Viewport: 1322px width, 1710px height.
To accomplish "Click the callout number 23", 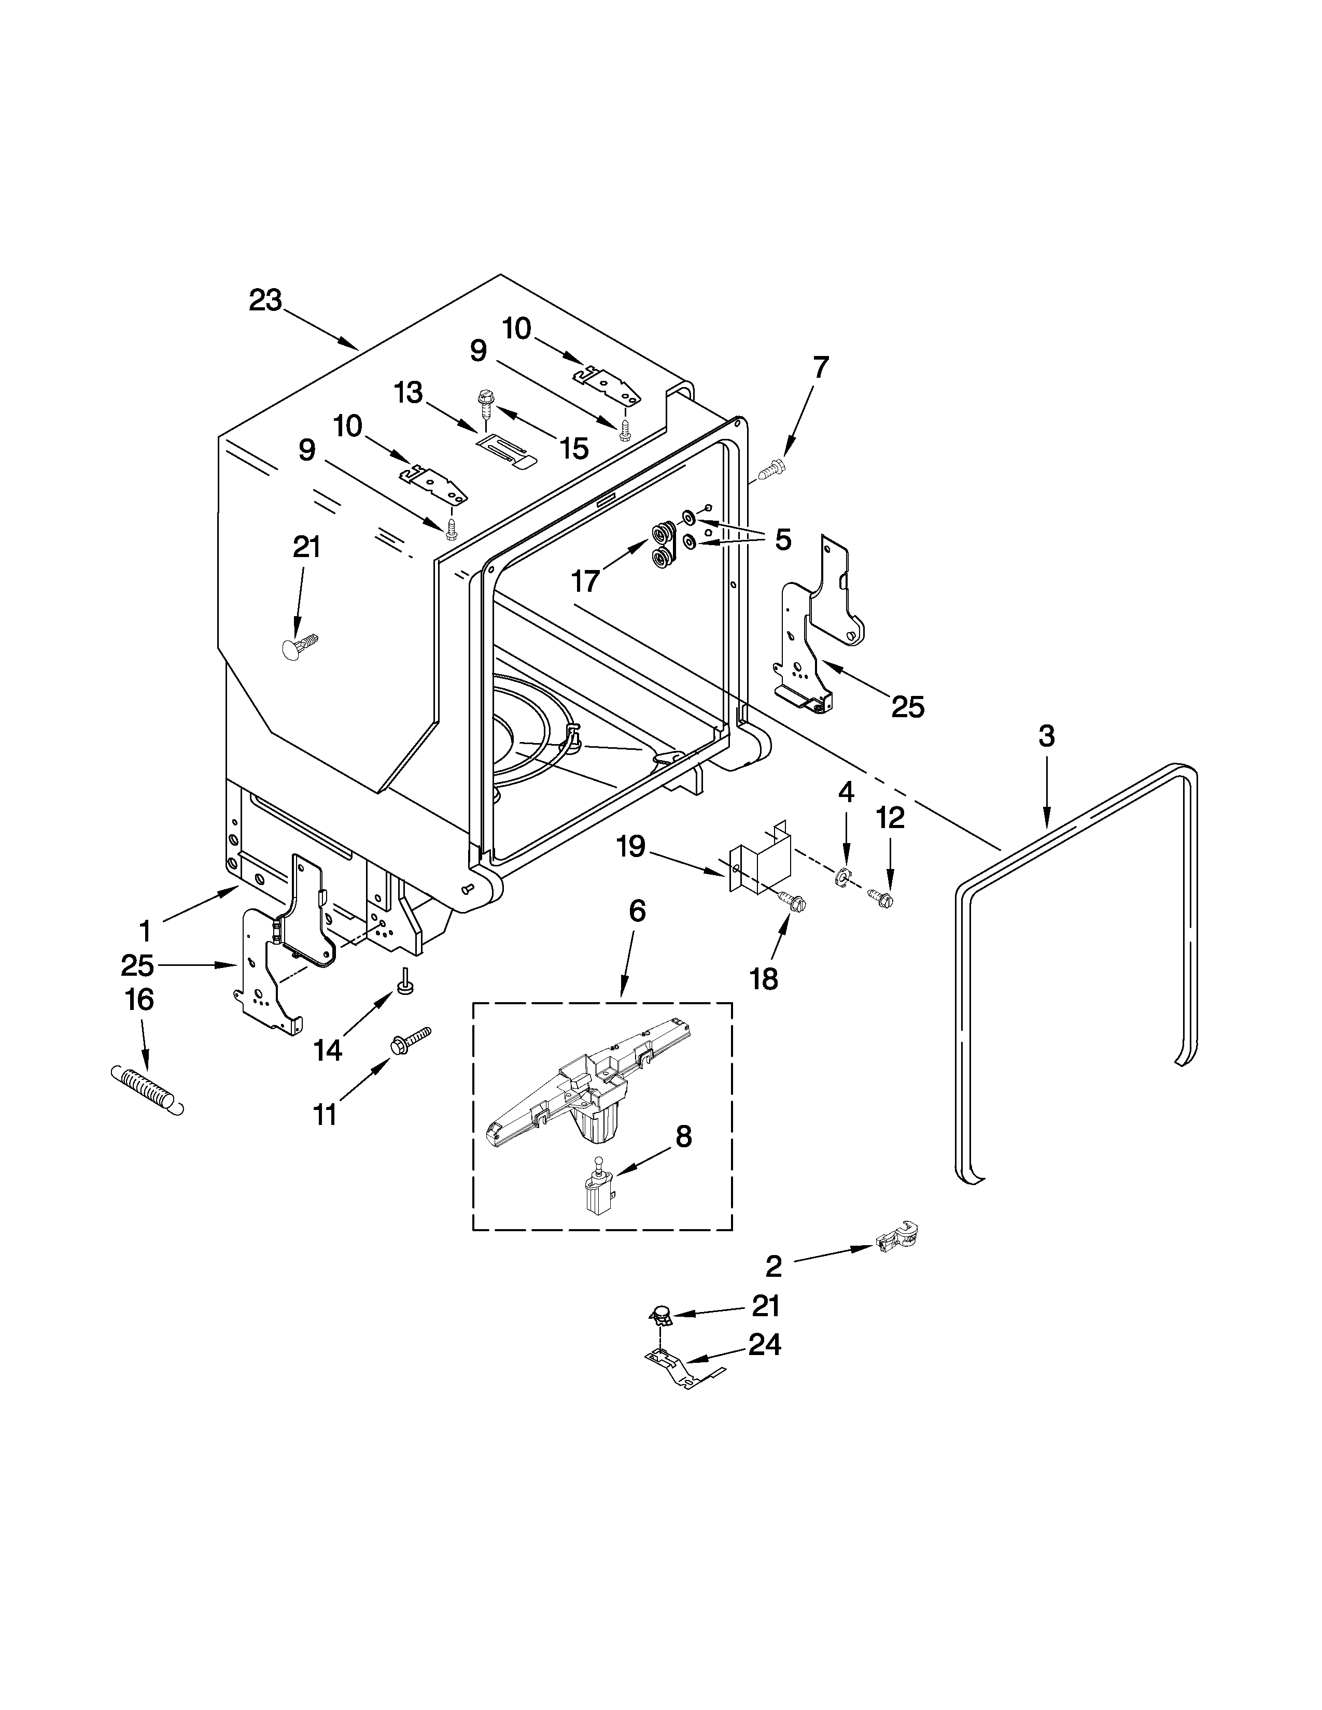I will [265, 301].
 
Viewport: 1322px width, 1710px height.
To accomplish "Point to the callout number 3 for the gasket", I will [1046, 736].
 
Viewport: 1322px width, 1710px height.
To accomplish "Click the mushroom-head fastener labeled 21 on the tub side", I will [299, 645].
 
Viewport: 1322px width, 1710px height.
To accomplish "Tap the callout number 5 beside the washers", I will [782, 539].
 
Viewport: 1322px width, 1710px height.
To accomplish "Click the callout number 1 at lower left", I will [144, 931].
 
